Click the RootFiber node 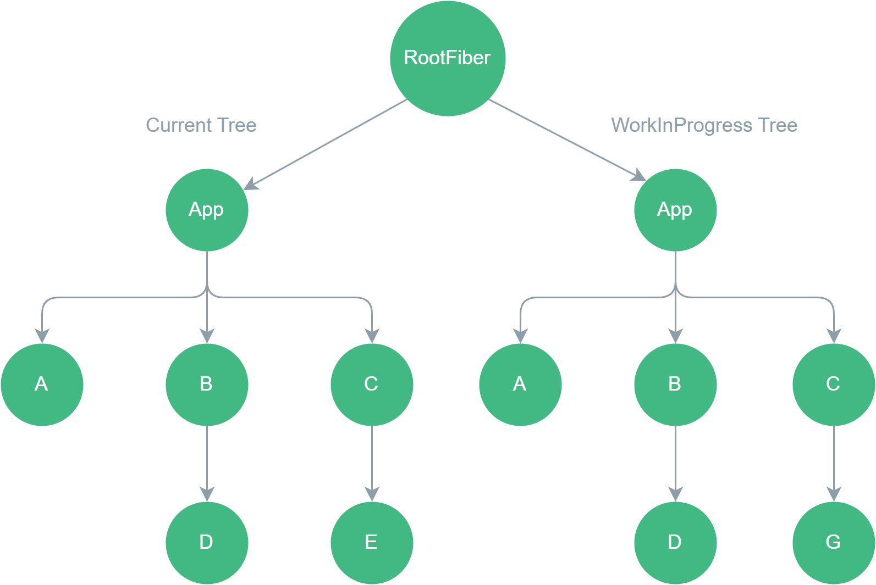(448, 58)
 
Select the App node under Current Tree (207, 210)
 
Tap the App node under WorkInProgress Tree (675, 210)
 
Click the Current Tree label (201, 125)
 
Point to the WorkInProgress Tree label (704, 125)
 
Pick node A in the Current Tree (42, 385)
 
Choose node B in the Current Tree (207, 385)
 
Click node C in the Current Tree (372, 385)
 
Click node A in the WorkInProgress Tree (520, 385)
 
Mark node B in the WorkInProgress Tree (675, 385)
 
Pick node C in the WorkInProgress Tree (834, 385)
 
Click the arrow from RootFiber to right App (566, 140)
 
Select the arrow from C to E (372, 461)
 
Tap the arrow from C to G (834, 461)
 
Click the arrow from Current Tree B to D (207, 461)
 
